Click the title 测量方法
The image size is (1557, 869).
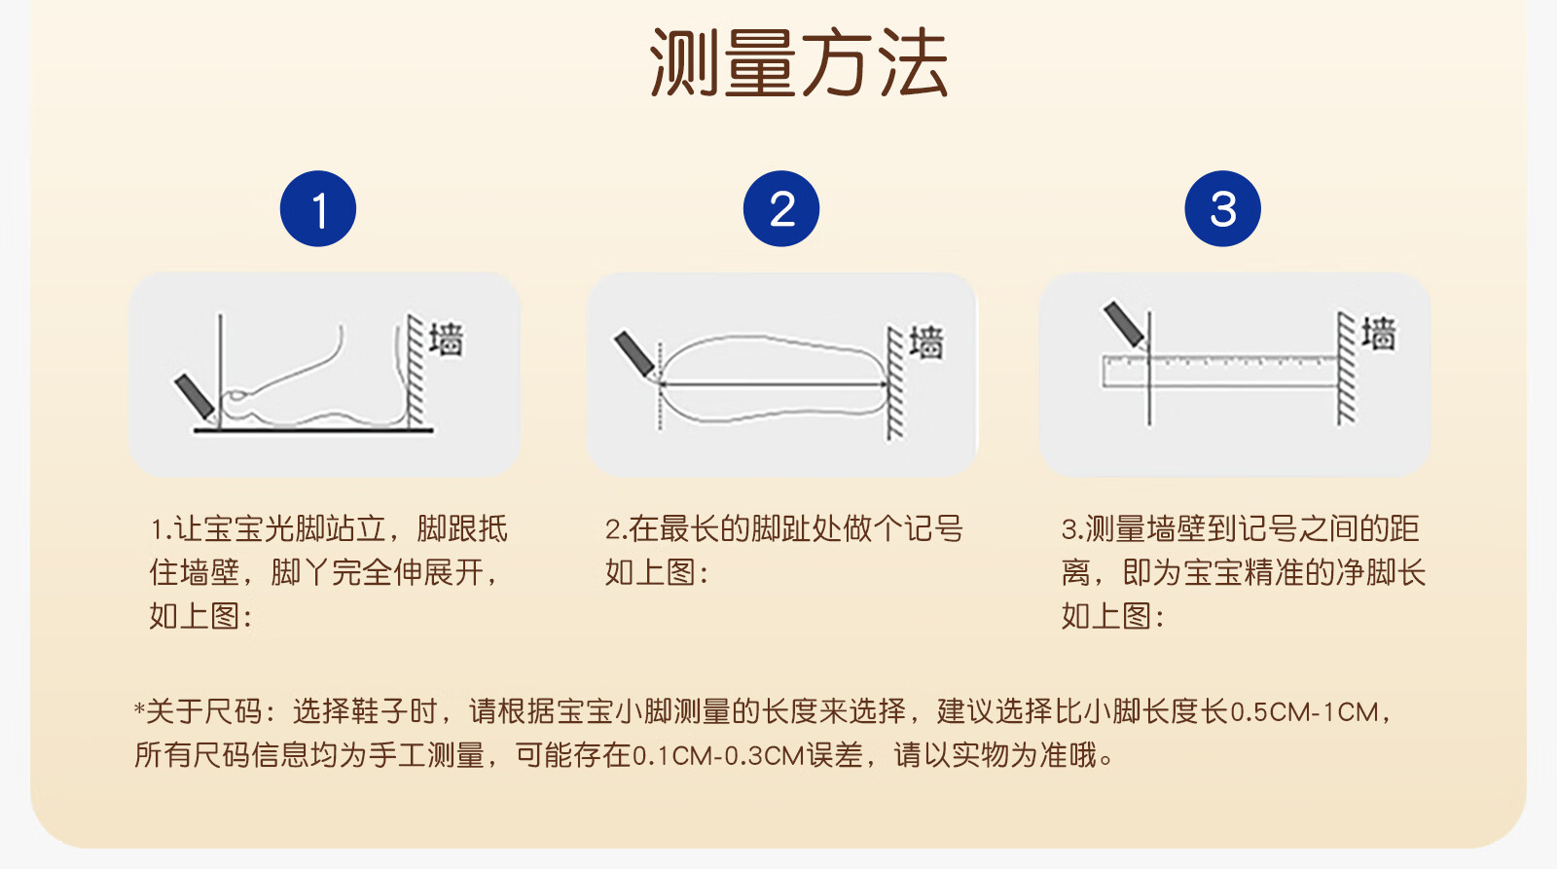pyautogui.click(x=798, y=63)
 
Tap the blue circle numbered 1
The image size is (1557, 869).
pyautogui.click(x=318, y=208)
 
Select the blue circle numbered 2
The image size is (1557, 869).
pyautogui.click(x=781, y=208)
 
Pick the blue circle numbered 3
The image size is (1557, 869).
pyautogui.click(x=1222, y=208)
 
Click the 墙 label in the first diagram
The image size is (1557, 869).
pyautogui.click(x=446, y=340)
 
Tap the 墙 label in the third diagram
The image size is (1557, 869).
pyautogui.click(x=1378, y=334)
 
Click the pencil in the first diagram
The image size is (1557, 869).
pyautogui.click(x=195, y=398)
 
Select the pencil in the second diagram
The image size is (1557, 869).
pyautogui.click(x=634, y=354)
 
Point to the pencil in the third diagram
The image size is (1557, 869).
pyautogui.click(x=1125, y=324)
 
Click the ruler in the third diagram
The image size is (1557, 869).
pyautogui.click(x=1220, y=371)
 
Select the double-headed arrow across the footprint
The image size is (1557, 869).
pyautogui.click(x=773, y=383)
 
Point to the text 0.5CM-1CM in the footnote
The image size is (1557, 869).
pyautogui.click(x=1304, y=712)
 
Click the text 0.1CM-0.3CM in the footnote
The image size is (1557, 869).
pyautogui.click(x=718, y=756)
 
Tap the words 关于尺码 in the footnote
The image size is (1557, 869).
pyautogui.click(x=204, y=712)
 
